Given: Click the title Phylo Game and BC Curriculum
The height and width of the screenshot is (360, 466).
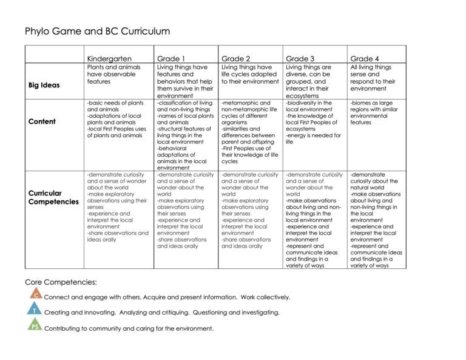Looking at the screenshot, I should (97, 32).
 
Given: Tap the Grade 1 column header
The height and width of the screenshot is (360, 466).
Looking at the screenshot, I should (172, 58).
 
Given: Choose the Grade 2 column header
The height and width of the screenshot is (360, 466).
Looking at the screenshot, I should (237, 58).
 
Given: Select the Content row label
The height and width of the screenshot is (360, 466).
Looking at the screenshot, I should (42, 121).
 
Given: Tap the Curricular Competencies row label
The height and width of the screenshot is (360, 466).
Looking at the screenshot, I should (53, 197).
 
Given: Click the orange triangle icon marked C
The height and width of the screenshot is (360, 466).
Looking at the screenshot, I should (36, 294).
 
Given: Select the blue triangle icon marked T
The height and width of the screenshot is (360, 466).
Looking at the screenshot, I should (36, 310).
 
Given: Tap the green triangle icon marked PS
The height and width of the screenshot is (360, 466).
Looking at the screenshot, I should (36, 326).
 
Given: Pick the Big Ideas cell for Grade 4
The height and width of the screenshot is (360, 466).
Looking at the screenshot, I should (371, 78).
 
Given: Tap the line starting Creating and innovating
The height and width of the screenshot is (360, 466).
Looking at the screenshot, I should (162, 313).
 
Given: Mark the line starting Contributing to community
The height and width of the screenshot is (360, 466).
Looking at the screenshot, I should (129, 328).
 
